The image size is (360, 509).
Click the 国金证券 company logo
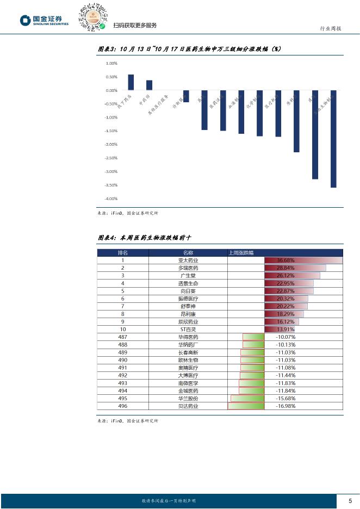pyautogui.click(x=45, y=21)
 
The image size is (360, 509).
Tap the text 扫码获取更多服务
pyautogui.click(x=135, y=26)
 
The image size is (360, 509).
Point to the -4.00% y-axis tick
pyautogui.click(x=111, y=198)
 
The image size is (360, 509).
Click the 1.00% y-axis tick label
pyautogui.click(x=111, y=63)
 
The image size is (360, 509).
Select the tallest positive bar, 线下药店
pyautogui.click(x=131, y=82)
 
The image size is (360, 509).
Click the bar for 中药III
pyautogui.click(x=149, y=85)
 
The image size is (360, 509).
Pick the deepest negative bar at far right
pyautogui.click(x=333, y=139)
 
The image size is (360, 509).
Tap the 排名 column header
pyautogui.click(x=123, y=253)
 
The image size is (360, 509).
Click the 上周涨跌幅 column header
pyautogui.click(x=244, y=253)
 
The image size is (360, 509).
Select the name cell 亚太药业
pyautogui.click(x=188, y=260)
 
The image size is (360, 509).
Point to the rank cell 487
pyautogui.click(x=123, y=337)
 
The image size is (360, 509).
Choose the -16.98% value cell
pyautogui.click(x=285, y=406)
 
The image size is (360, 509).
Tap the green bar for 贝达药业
pyautogui.click(x=246, y=406)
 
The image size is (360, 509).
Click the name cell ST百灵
pyautogui.click(x=188, y=329)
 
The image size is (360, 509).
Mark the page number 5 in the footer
pyautogui.click(x=350, y=500)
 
